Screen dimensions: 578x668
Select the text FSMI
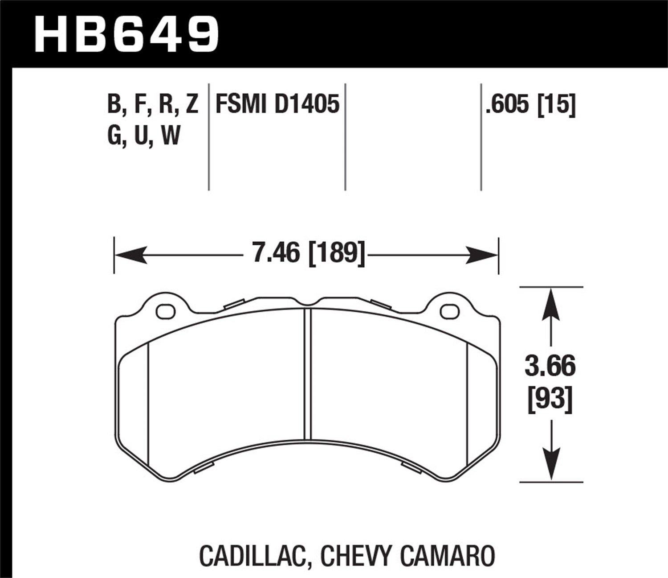tap(241, 105)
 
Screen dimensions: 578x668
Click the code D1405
tap(307, 105)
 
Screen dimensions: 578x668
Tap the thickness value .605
tap(508, 106)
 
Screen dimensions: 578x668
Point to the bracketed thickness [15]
tap(557, 106)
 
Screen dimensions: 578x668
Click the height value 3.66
tap(550, 367)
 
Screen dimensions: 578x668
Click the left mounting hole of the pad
tap(166, 311)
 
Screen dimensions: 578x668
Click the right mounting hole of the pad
tap(448, 311)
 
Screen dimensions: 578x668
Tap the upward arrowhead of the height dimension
tap(551, 301)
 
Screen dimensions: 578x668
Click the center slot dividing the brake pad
tap(307, 375)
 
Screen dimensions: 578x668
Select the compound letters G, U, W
tap(143, 135)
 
